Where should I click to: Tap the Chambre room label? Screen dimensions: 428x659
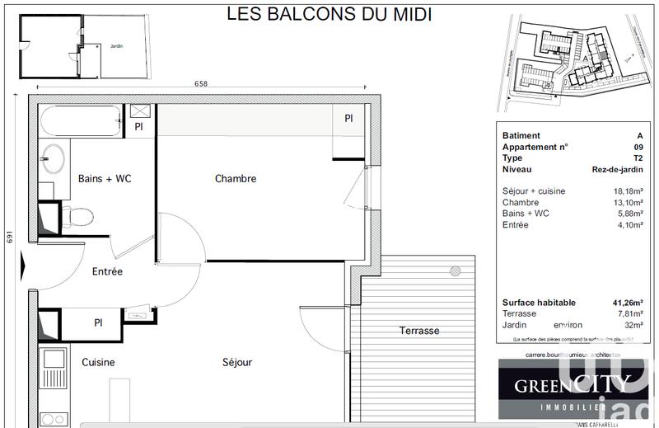(236, 178)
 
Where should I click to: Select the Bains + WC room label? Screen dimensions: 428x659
(105, 178)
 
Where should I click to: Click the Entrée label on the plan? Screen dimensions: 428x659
(107, 271)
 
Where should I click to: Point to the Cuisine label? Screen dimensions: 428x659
(98, 362)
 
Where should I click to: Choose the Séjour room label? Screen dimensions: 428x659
(236, 362)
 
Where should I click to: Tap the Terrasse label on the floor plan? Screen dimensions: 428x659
(419, 331)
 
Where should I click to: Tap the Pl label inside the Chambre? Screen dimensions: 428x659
(348, 119)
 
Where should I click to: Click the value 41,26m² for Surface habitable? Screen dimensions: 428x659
(627, 303)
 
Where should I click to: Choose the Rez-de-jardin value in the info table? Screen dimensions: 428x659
(617, 170)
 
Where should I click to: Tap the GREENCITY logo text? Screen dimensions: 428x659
(573, 384)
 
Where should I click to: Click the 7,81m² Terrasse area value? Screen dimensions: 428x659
(630, 314)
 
